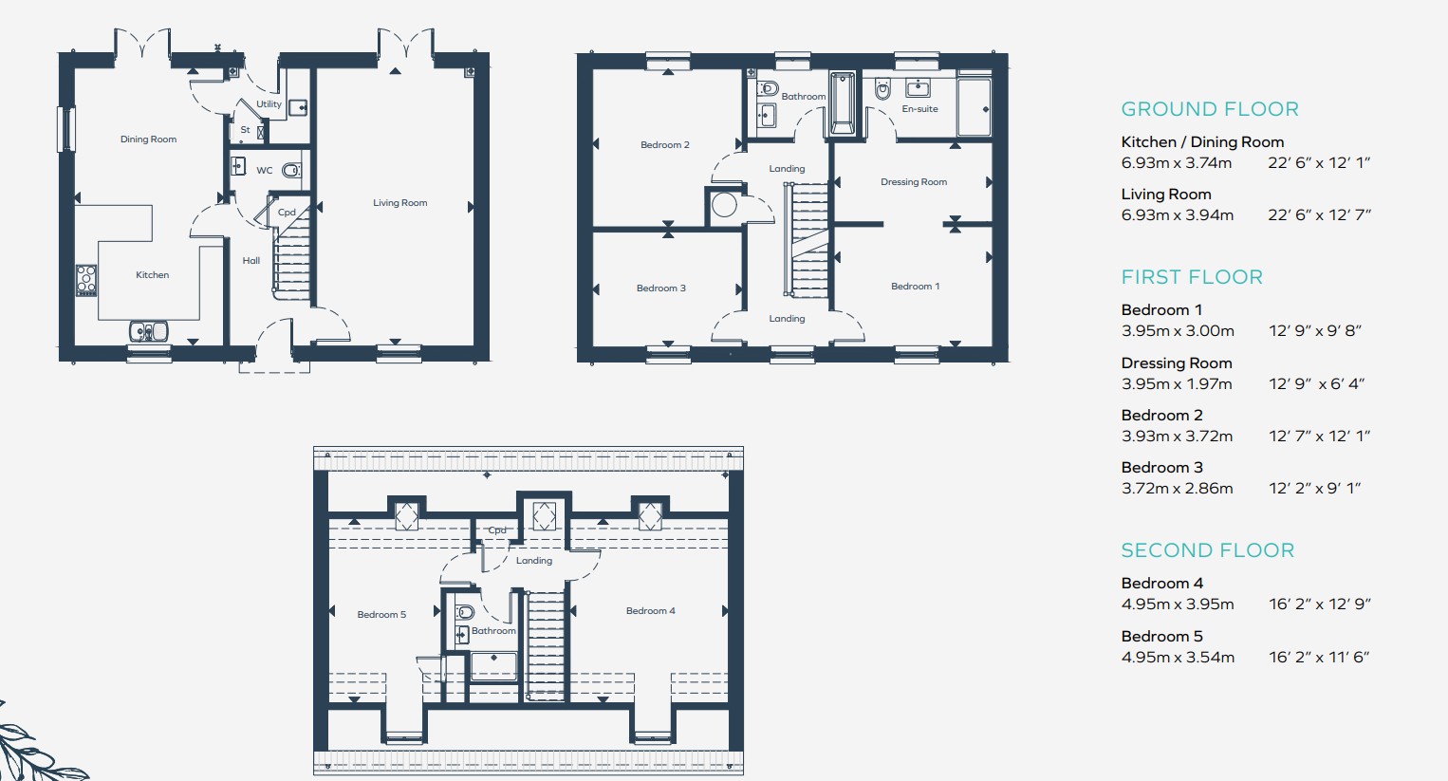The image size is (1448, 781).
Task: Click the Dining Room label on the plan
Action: tap(148, 139)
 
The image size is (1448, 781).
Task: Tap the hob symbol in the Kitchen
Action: tap(86, 280)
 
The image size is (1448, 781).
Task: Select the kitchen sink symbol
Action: tap(149, 331)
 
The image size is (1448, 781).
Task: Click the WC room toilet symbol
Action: tap(292, 171)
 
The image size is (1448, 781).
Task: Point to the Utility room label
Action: tap(269, 104)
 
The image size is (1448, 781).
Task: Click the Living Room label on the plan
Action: tap(399, 203)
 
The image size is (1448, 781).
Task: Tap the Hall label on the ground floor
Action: tap(251, 261)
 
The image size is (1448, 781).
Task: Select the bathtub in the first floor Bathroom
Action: tap(842, 102)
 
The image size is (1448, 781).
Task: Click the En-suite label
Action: tap(919, 109)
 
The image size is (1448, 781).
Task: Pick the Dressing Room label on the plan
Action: tap(913, 182)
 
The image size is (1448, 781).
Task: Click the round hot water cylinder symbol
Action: tap(725, 205)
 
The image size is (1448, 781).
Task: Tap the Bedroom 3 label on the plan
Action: tap(660, 288)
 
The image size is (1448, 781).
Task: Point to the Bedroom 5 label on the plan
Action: tap(381, 615)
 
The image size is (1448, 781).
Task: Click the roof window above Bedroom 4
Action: tap(650, 516)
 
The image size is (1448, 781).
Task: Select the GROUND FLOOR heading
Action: tap(1209, 109)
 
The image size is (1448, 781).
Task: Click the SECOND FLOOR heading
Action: tap(1207, 550)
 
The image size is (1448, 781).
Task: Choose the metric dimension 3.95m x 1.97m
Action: tap(1177, 384)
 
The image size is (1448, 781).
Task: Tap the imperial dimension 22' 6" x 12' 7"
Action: tap(1319, 215)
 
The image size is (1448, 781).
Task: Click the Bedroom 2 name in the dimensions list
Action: tap(1161, 416)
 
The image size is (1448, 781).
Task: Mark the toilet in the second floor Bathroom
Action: tap(464, 612)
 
